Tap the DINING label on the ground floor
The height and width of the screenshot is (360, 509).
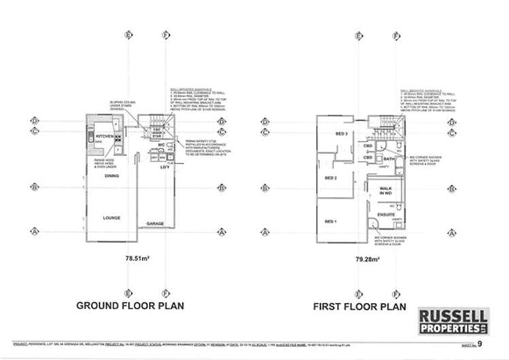coord(111,176)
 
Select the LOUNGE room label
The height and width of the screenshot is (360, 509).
coord(111,218)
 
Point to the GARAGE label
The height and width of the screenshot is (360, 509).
coord(156,223)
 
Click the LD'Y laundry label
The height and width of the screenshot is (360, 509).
coord(164,167)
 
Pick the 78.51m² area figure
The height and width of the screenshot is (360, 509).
coord(137,259)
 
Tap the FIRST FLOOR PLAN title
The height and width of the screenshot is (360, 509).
coord(359,306)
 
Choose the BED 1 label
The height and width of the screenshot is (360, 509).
coord(331,222)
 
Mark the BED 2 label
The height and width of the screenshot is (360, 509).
coord(331,179)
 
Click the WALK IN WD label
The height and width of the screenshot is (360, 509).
coord(385,191)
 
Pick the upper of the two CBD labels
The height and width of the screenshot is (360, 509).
coord(368,146)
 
